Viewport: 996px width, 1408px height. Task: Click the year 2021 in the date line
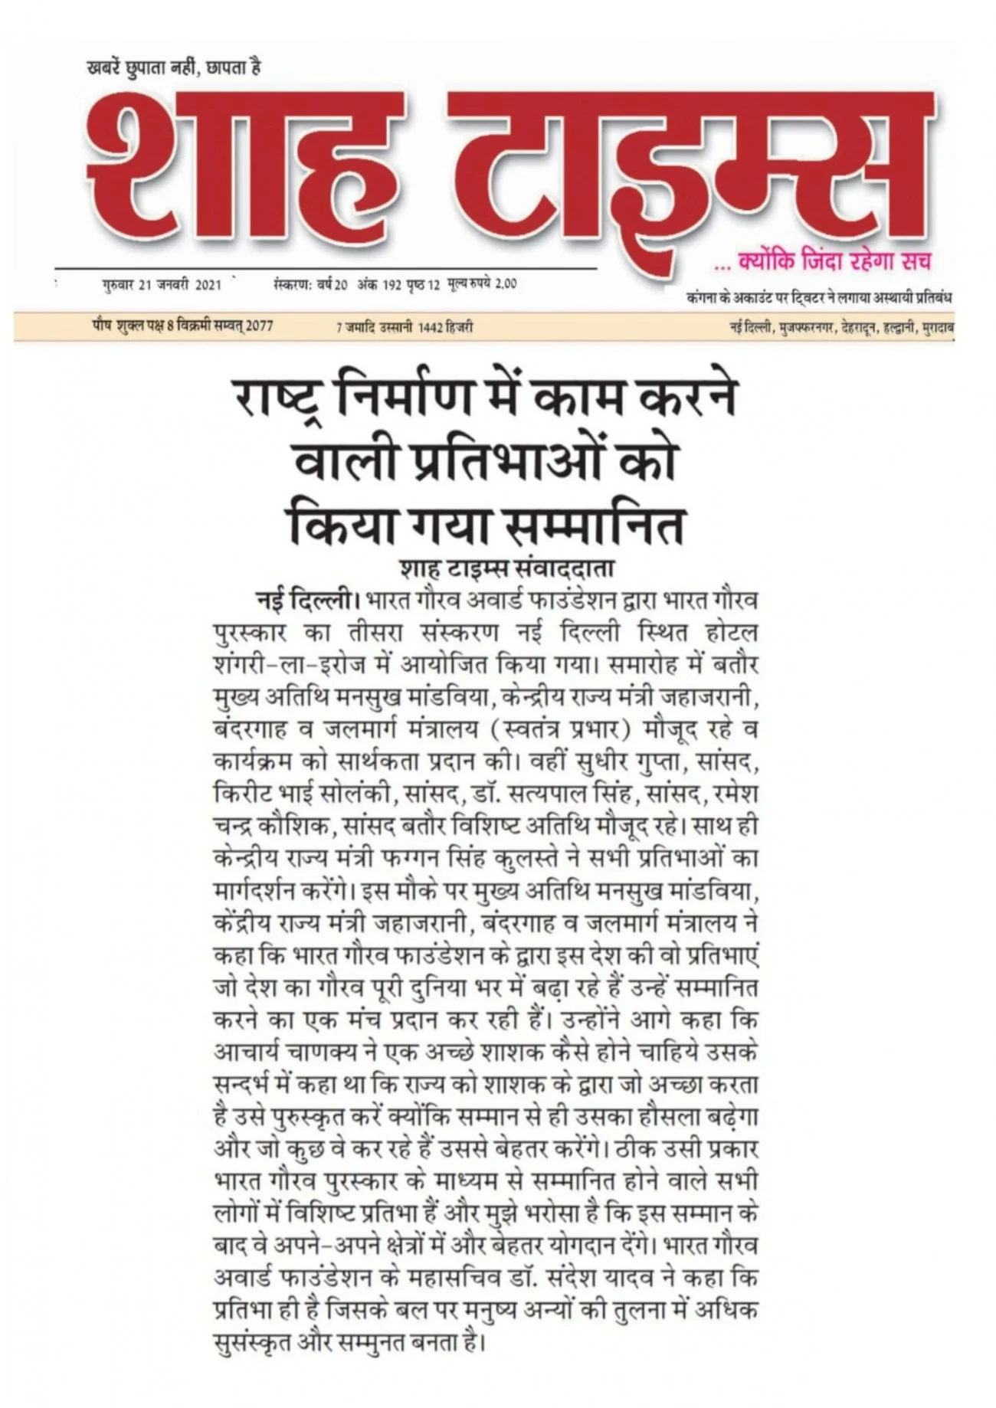208,285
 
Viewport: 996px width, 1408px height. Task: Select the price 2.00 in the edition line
505,284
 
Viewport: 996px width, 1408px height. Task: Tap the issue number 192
392,284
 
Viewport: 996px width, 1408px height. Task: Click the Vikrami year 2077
260,326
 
